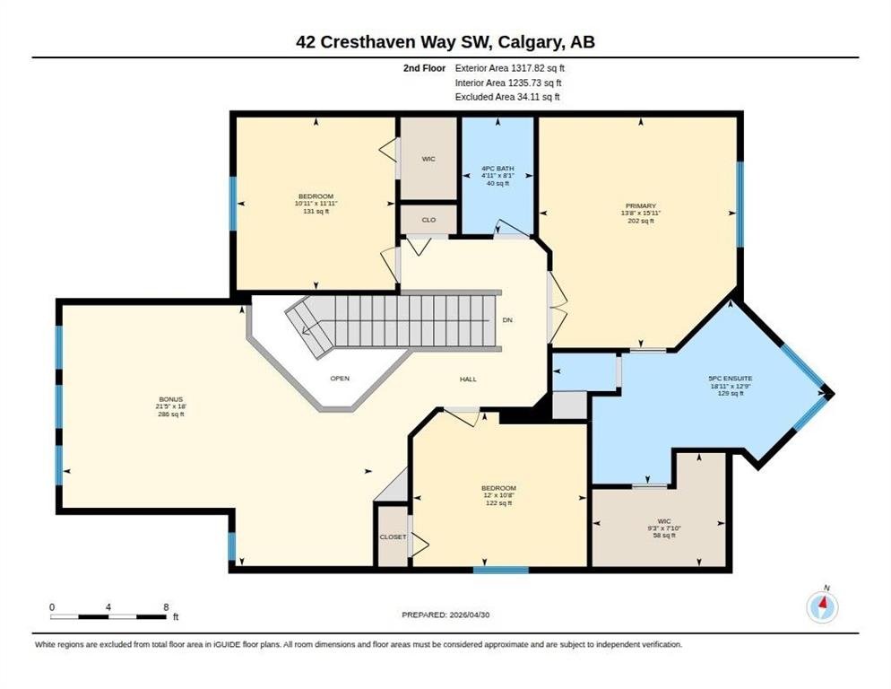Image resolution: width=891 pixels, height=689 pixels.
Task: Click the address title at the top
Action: [445, 42]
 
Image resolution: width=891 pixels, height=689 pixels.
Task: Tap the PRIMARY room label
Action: [640, 206]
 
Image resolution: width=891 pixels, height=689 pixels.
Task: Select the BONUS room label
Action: [170, 399]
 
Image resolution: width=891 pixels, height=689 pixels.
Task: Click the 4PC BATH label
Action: [497, 169]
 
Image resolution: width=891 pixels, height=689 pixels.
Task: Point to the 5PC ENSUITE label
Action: [731, 379]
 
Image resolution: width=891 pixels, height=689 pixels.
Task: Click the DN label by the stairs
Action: [507, 320]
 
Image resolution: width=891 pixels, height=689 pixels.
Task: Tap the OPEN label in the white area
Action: [340, 379]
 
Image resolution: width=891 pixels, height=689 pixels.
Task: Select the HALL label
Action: [468, 379]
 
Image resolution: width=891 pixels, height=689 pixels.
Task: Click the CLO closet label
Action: [428, 220]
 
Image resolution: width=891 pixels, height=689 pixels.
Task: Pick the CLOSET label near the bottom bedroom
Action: [393, 537]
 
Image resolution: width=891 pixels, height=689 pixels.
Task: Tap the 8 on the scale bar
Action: [166, 607]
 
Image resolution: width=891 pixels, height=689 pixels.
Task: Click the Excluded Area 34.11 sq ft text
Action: [507, 97]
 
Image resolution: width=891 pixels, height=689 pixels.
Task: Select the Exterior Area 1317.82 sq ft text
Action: [510, 68]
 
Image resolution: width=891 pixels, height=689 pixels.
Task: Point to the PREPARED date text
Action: [445, 615]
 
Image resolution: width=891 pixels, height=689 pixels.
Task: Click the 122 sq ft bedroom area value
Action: [498, 503]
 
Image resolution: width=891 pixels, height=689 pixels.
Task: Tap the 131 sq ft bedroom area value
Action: [316, 211]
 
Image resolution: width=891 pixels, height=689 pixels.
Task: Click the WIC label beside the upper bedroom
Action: [428, 159]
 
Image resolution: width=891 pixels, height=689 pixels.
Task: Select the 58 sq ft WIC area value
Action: [663, 536]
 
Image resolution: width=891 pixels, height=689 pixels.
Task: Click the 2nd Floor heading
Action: [425, 68]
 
